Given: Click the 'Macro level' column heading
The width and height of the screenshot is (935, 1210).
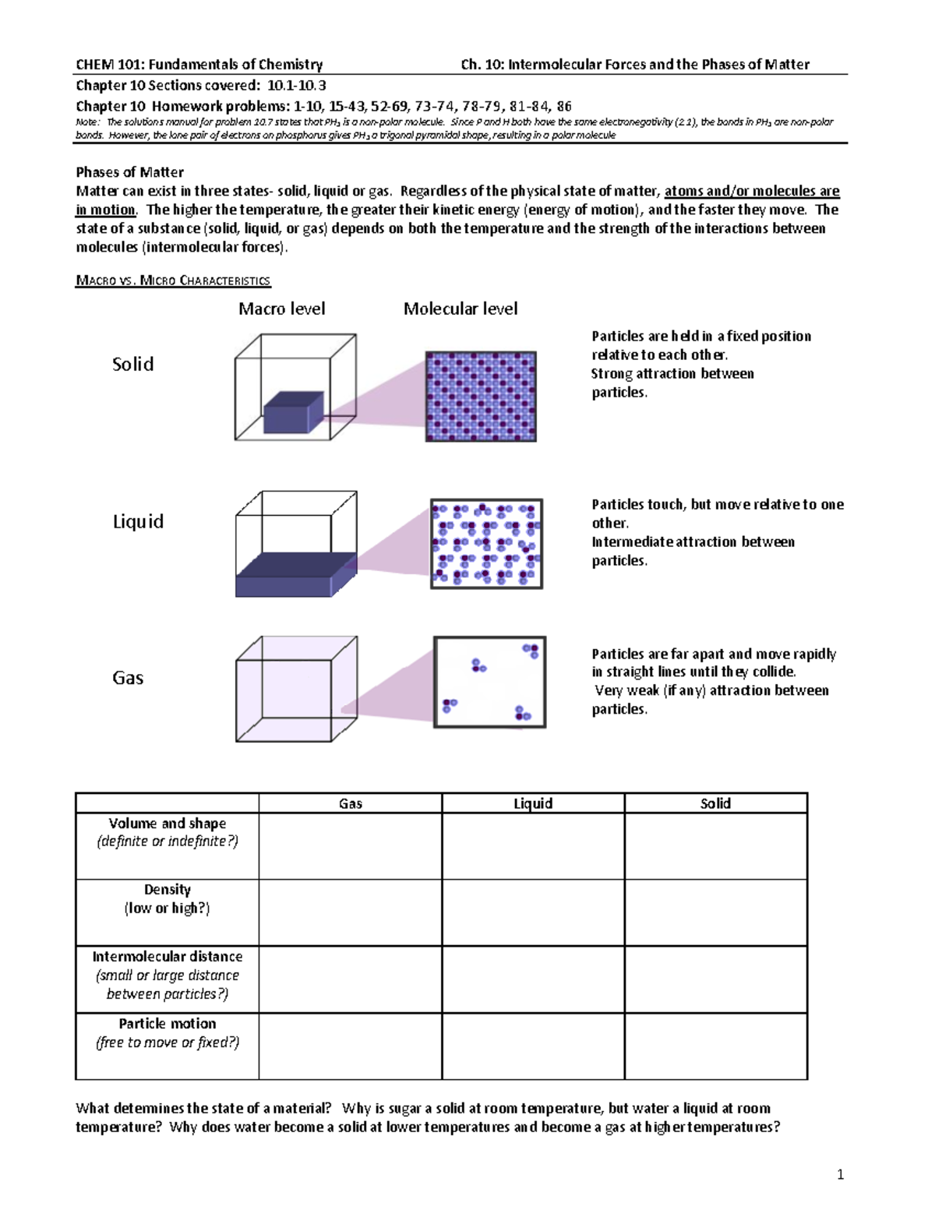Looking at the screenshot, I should [x=281, y=309].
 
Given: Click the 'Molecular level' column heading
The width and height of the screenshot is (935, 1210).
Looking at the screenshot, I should [x=460, y=309].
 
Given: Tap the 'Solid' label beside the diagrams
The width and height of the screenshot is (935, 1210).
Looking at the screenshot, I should [x=132, y=364].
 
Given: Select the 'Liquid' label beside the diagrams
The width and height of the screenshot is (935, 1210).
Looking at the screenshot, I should [x=138, y=521].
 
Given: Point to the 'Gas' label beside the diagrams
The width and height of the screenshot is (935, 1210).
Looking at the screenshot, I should [x=128, y=677].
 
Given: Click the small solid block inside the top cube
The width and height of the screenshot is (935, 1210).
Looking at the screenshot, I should [x=293, y=413].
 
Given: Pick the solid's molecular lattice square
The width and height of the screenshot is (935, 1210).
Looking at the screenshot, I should [x=481, y=397].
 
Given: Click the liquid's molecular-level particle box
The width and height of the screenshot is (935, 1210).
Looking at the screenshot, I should [x=486, y=544].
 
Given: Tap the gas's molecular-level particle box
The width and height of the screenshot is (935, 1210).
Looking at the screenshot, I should [x=489, y=682].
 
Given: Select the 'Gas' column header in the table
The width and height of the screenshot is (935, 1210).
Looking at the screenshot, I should [x=350, y=803].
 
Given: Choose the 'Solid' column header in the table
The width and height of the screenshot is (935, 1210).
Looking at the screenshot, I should [x=715, y=803].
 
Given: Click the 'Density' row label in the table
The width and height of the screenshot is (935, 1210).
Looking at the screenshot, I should [x=167, y=890].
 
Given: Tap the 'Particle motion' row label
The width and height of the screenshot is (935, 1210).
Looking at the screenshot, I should [x=167, y=1024].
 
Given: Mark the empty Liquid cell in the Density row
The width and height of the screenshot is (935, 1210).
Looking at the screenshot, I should [x=533, y=913].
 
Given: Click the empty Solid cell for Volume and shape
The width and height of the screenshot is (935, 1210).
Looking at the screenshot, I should [x=715, y=846].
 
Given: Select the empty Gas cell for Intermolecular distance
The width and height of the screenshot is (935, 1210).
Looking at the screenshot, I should [x=350, y=979].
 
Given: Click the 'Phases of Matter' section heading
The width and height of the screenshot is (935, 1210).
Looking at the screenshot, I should [x=129, y=172].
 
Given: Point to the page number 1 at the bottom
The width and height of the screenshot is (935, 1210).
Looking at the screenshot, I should [x=840, y=1175].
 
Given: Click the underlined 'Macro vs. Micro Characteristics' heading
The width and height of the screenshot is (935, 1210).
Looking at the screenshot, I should [x=172, y=280].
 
